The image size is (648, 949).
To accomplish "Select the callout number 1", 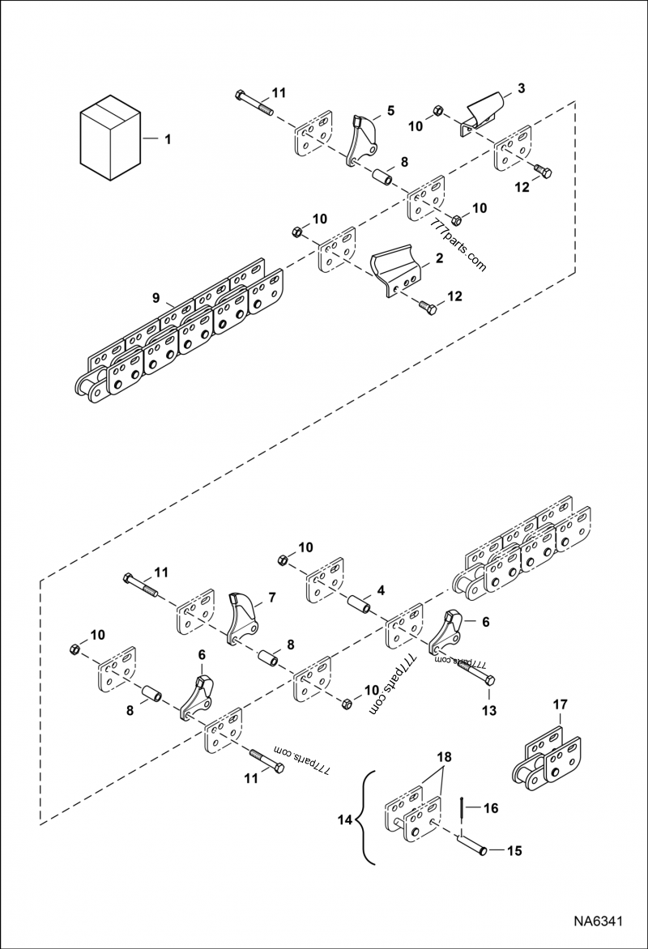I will (168, 140).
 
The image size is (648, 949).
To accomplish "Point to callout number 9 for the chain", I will (156, 298).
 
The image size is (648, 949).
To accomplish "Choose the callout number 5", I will (390, 109).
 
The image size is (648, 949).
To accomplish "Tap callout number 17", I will (560, 705).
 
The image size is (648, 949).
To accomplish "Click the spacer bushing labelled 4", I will (359, 606).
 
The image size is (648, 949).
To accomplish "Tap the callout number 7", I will (272, 598).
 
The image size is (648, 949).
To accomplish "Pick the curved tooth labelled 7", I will (242, 620).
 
